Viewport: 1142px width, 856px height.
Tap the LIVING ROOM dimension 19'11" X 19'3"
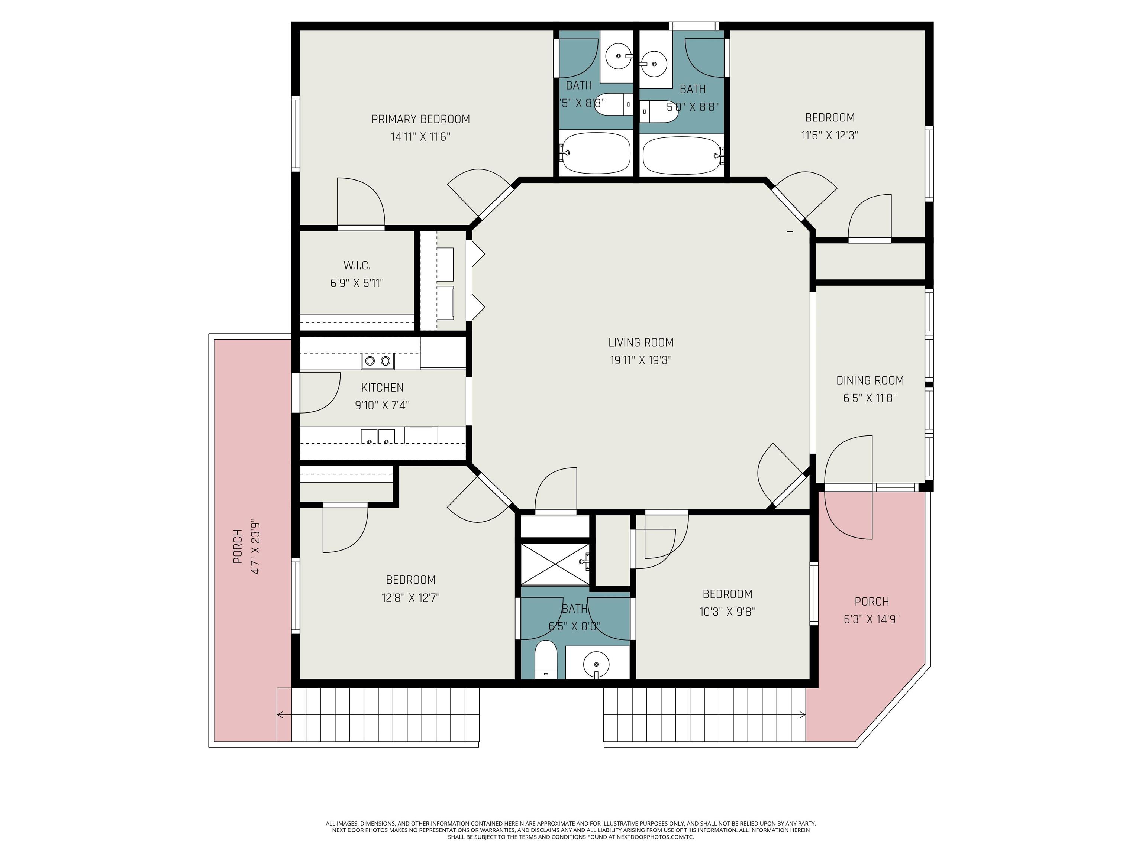tap(640, 360)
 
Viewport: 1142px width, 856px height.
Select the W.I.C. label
tap(357, 266)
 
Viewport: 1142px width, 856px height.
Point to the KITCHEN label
tap(382, 388)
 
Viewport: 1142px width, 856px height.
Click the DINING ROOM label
tap(870, 381)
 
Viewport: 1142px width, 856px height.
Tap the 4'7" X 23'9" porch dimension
tap(255, 546)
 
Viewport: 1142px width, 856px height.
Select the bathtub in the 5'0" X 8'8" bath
tap(681, 155)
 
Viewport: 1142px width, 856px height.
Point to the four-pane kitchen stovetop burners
tap(377, 361)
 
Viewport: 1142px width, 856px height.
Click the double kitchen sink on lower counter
tap(377, 437)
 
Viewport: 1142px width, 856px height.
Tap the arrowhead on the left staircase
tap(280, 714)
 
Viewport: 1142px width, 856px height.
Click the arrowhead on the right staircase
tap(802, 714)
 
